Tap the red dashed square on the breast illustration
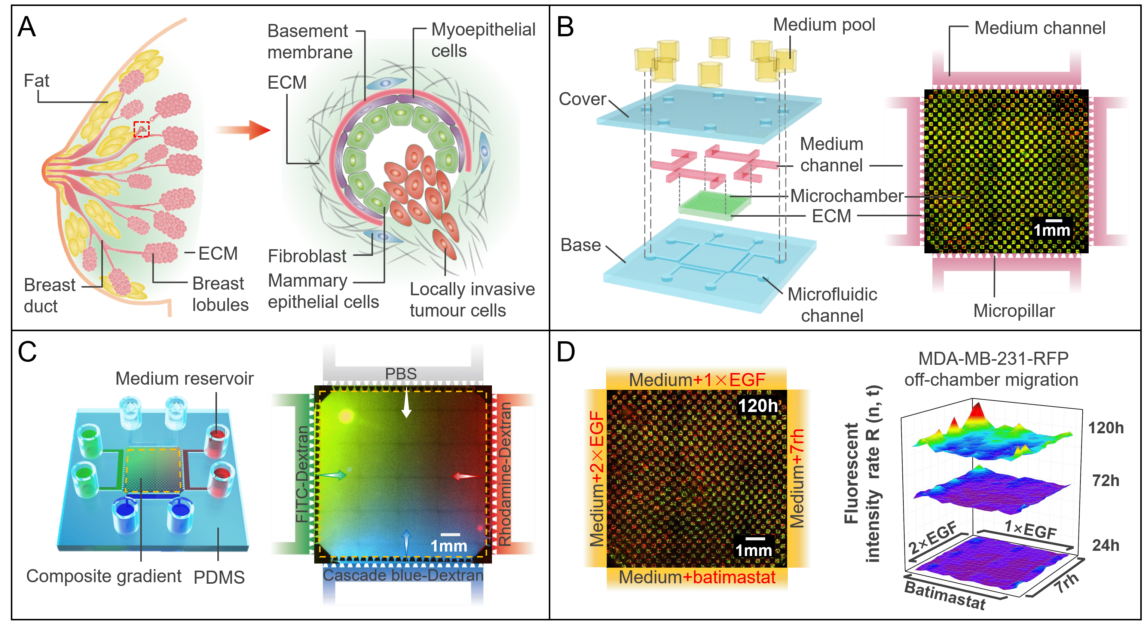coord(141,129)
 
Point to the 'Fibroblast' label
coord(307,256)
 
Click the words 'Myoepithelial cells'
coord(483,40)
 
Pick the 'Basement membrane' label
coord(309,42)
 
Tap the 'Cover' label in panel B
coord(582,99)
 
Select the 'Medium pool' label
coord(824,25)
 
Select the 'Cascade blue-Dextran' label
coord(403,575)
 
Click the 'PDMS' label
coord(219,577)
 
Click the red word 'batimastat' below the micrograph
coord(734,577)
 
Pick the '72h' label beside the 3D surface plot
coord(1105,481)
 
